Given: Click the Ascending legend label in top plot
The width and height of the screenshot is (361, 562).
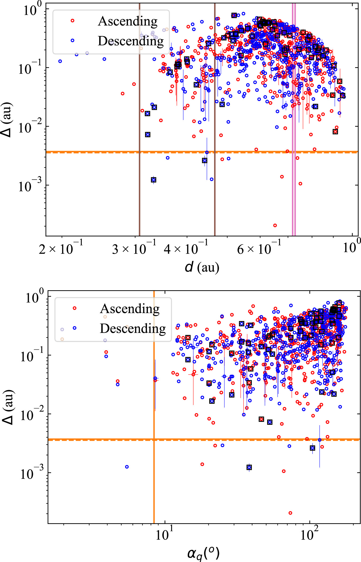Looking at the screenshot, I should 128,21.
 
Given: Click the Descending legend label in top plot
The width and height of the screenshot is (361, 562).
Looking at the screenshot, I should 130,41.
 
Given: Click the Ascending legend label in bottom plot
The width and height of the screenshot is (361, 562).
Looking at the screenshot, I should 130,309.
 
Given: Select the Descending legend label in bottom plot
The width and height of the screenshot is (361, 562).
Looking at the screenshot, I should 133,329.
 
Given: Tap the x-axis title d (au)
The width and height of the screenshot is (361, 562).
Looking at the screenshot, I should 202,267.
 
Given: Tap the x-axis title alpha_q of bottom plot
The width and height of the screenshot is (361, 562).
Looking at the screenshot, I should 203,553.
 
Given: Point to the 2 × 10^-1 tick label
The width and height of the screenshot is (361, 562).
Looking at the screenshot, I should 61,249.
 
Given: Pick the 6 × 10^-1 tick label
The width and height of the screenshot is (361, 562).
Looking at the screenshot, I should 259,249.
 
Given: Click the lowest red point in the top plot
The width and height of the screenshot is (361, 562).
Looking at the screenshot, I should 275,225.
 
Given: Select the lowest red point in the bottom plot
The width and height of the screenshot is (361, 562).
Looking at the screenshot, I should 290,513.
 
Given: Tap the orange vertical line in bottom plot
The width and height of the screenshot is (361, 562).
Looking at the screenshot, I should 154,455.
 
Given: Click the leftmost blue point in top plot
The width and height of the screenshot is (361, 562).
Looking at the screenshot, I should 60,61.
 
